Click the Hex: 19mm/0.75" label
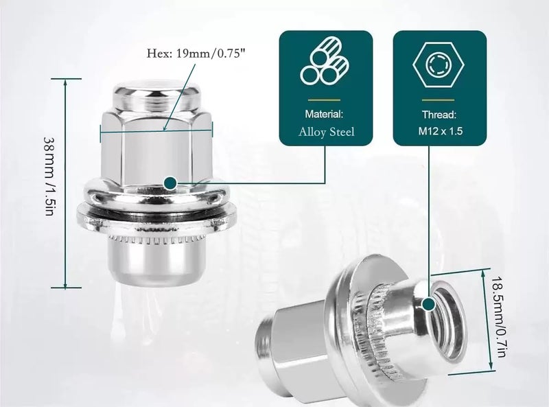[196, 54]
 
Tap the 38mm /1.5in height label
[49, 176]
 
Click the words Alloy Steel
[327, 132]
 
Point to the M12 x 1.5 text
[440, 131]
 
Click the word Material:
[324, 114]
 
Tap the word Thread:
[439, 115]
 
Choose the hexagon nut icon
[438, 65]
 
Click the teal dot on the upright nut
[170, 183]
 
